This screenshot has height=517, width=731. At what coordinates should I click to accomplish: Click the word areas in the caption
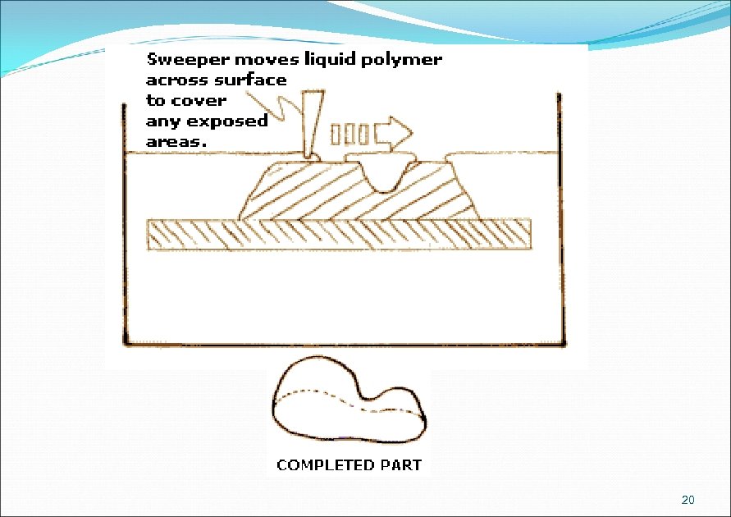click(x=175, y=141)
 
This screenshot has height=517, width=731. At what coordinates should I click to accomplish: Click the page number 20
click(x=688, y=501)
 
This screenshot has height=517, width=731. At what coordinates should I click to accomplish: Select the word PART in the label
click(x=401, y=465)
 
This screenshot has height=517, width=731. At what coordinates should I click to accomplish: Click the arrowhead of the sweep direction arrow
click(x=400, y=131)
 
